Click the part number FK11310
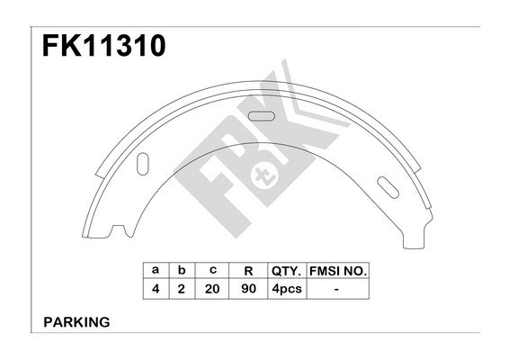pos(104,46)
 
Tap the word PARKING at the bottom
pos(76,322)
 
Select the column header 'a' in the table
pos(156,270)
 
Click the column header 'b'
pos(182,270)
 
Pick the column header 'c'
pos(212,270)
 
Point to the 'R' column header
pos(248,271)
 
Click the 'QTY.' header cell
pos(287,271)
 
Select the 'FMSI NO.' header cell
pos(338,271)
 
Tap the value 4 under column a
pos(156,289)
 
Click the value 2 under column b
pos(182,289)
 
